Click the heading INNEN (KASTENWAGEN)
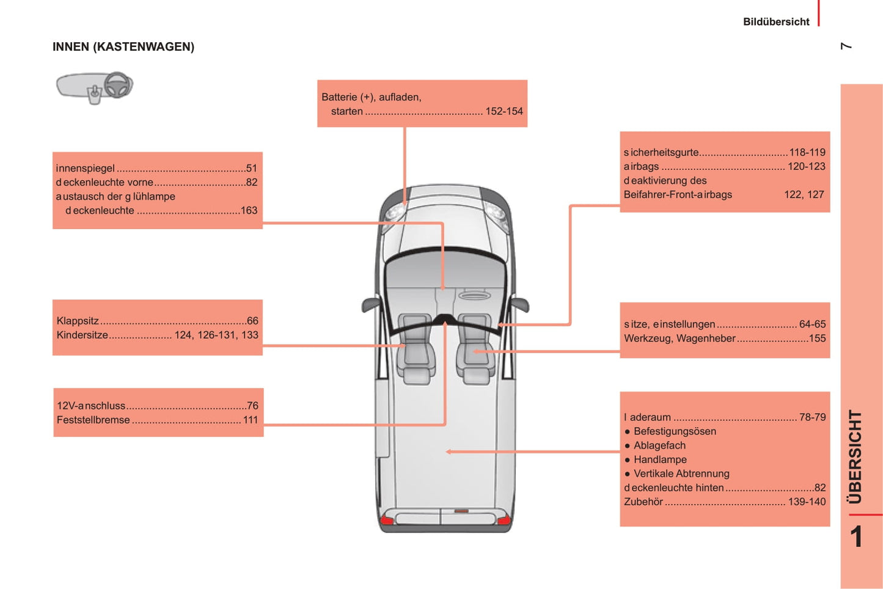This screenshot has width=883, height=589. tap(123, 47)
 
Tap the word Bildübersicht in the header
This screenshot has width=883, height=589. tap(775, 22)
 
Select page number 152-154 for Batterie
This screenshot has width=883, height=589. tap(504, 112)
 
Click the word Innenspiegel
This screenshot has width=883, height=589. tap(86, 169)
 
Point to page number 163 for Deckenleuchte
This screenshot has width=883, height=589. tap(249, 211)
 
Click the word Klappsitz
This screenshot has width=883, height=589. tap(78, 321)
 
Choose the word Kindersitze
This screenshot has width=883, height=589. tap(82, 335)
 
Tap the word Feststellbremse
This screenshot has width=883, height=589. tap(93, 420)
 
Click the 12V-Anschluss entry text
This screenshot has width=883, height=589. tap(91, 406)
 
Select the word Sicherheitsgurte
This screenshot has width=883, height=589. tap(661, 153)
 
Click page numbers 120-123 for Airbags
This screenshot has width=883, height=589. tap(806, 167)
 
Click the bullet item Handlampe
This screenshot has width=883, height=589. tap(660, 460)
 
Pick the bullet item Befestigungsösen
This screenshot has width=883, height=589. tap(675, 432)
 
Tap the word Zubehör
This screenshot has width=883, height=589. tap(643, 502)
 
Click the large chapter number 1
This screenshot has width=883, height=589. tap(856, 537)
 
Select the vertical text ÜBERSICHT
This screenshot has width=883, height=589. tap(856, 456)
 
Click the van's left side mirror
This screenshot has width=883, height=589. tap(370, 304)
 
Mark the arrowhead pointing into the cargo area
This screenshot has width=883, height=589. tap(449, 452)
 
